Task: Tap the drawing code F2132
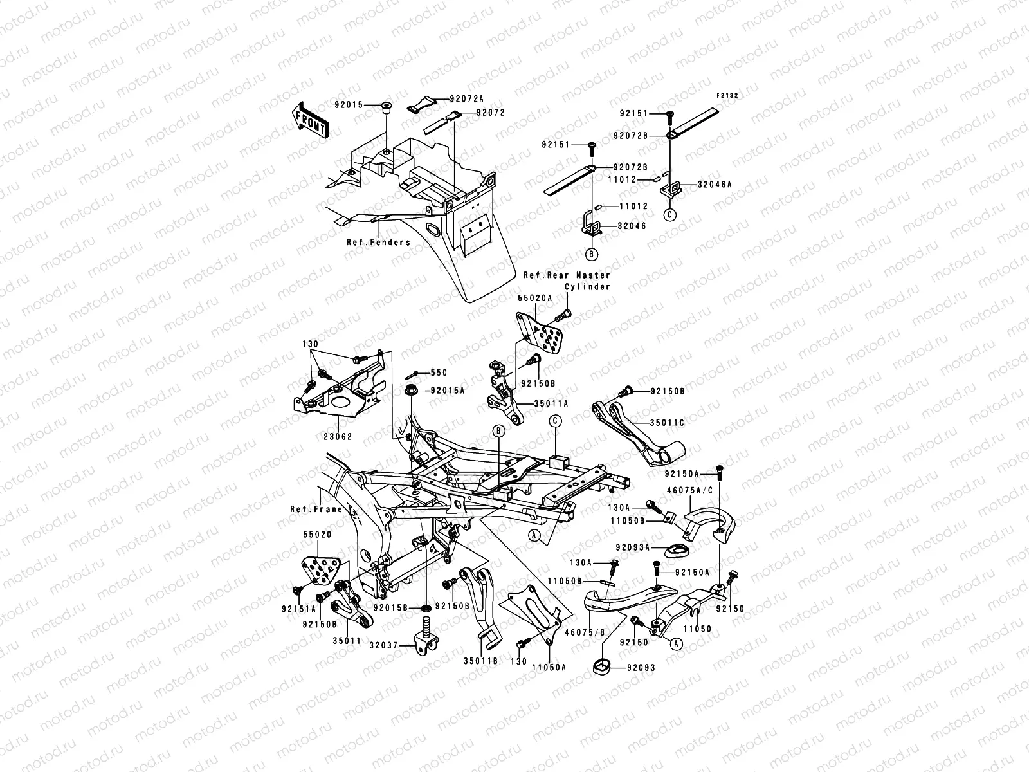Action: tap(727, 95)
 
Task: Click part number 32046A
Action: tap(715, 184)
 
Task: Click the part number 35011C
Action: tap(667, 423)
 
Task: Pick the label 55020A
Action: tap(533, 299)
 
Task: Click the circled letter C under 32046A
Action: tap(669, 215)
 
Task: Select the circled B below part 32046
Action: tap(591, 254)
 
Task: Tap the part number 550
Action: tap(438, 372)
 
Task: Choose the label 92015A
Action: tap(448, 390)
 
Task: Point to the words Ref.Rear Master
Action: tap(557, 275)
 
